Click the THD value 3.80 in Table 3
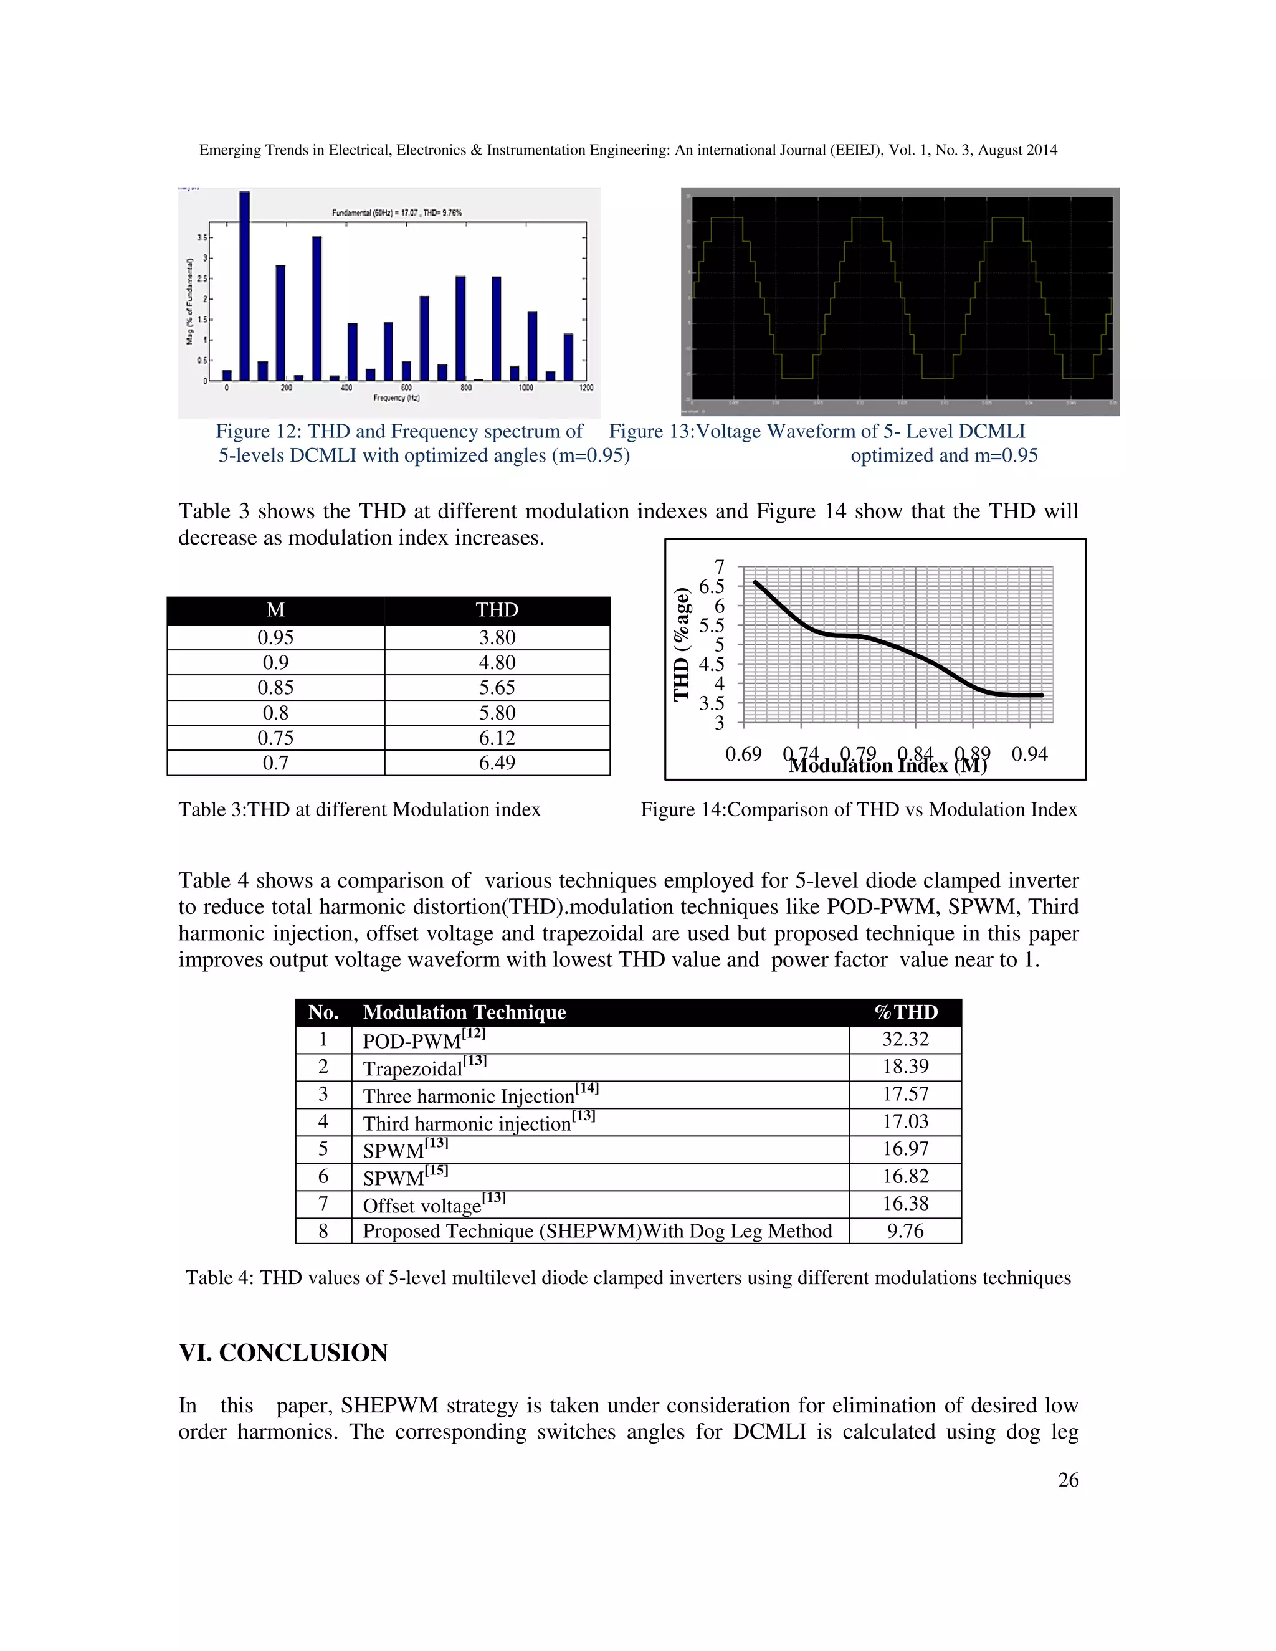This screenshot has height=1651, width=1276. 497,637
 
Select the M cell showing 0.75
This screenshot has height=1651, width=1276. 275,738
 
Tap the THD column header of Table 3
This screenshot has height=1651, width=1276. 497,610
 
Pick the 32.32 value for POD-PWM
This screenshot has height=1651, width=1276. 905,1039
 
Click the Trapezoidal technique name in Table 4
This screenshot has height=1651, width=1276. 412,1068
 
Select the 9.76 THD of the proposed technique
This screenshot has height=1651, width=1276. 905,1232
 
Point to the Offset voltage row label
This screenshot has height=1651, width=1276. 422,1205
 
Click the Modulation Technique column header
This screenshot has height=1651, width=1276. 464,1012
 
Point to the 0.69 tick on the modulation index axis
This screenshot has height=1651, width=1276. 743,754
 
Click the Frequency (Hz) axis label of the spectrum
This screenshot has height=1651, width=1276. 396,397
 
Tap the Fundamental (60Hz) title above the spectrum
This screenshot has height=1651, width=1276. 396,213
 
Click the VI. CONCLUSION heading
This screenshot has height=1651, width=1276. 283,1353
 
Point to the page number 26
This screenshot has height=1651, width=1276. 1067,1480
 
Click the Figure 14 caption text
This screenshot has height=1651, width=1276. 858,810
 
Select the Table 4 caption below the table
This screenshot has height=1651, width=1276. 627,1278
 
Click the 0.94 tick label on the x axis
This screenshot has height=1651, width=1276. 1029,754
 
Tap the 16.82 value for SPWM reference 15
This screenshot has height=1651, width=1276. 905,1176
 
